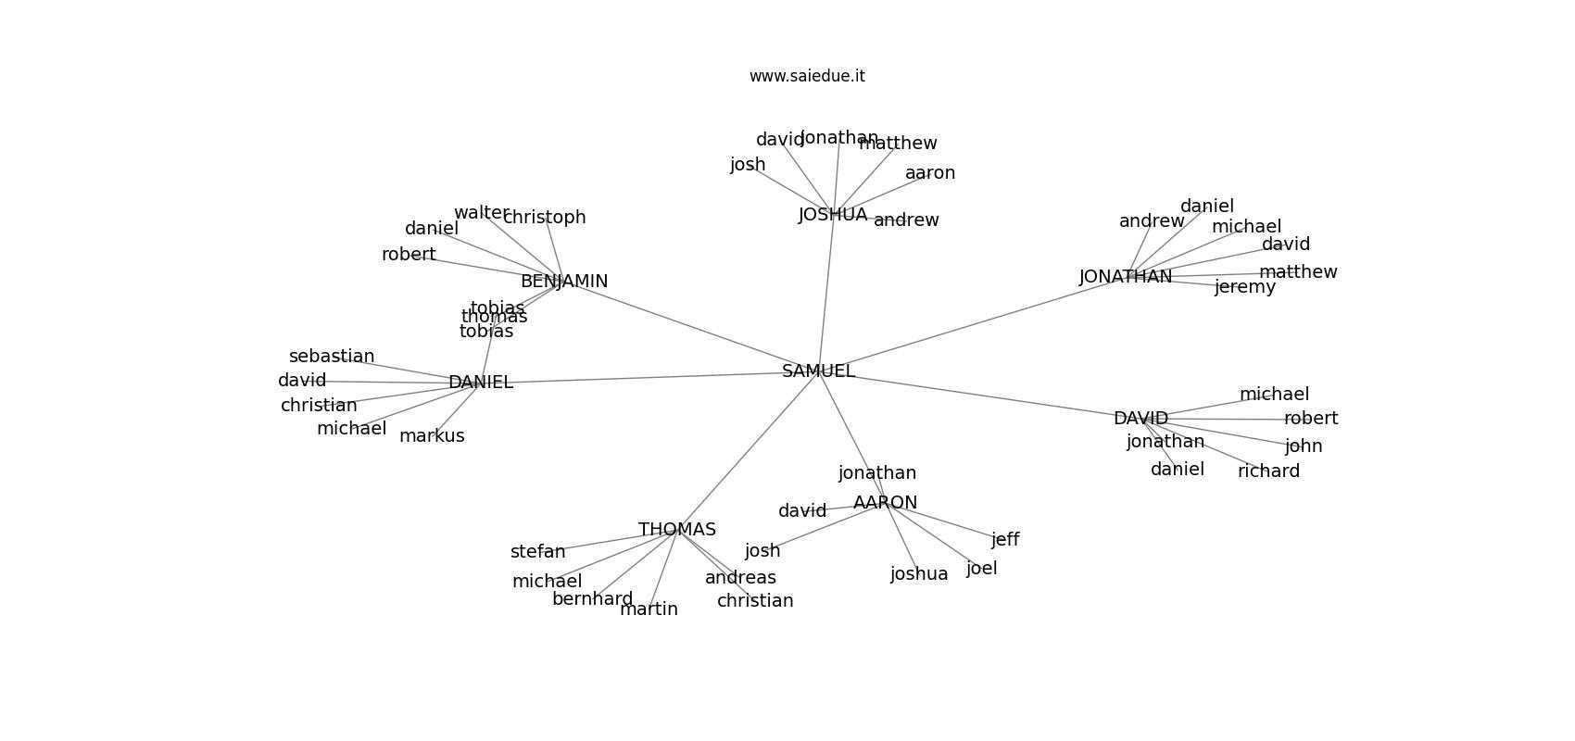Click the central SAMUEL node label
click(818, 371)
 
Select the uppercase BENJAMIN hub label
click(564, 282)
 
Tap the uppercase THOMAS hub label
click(677, 530)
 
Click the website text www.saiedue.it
click(807, 76)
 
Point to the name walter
click(481, 213)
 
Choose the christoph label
click(545, 218)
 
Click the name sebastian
click(332, 357)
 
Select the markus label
click(432, 436)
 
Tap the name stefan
click(537, 552)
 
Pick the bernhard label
click(592, 599)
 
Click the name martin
click(649, 609)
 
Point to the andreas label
click(740, 578)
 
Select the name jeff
click(1005, 540)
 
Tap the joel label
click(981, 569)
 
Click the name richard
click(1268, 471)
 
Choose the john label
click(1304, 446)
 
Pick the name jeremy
click(1244, 287)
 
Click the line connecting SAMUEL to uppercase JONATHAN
click(973, 323)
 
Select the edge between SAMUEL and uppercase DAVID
click(982, 396)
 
